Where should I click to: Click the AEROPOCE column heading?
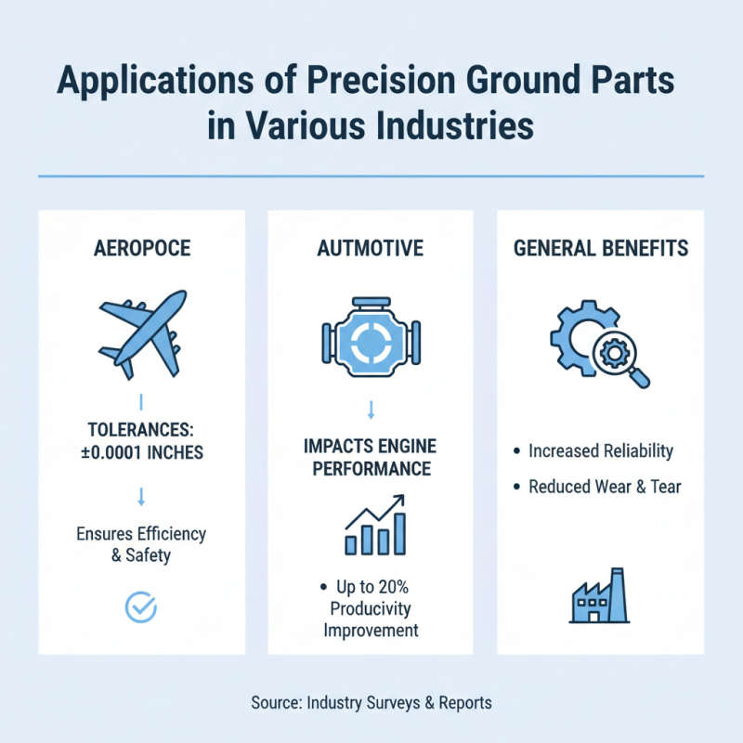point(142,249)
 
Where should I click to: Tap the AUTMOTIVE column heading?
point(370,249)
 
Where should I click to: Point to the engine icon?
point(370,339)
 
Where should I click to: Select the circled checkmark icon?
point(141,608)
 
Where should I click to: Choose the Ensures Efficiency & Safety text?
point(141,545)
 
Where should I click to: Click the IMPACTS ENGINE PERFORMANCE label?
point(370,456)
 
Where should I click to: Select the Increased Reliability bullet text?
point(600,451)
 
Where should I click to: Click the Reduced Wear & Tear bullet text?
point(605,487)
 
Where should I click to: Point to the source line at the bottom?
point(371,703)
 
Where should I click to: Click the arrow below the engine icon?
point(370,408)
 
